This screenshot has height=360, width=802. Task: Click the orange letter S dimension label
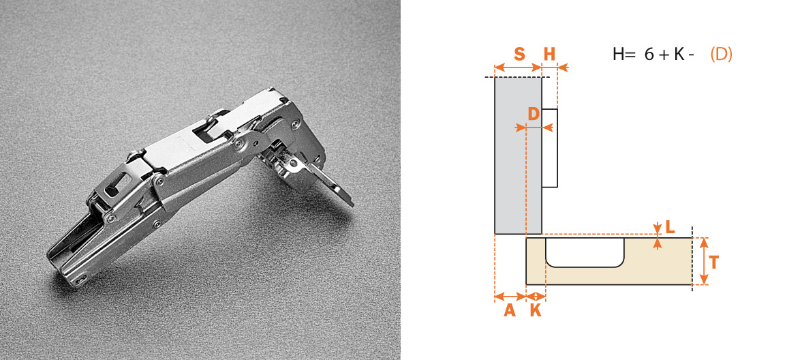coord(519,55)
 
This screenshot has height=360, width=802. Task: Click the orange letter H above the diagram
coord(549,55)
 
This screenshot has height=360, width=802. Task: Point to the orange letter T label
coord(714,262)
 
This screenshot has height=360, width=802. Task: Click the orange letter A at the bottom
coord(510,310)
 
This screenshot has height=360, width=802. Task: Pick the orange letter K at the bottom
coord(536,310)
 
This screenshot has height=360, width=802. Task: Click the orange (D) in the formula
coord(721,55)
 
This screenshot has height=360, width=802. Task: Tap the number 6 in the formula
coord(649,55)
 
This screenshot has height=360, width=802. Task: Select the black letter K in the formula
coord(679,55)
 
